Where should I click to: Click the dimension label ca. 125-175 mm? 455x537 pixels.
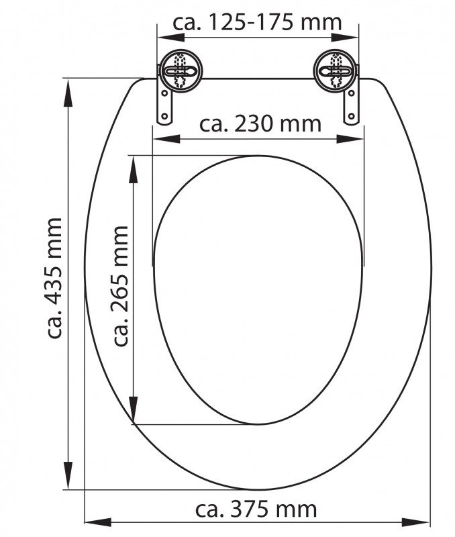(257, 23)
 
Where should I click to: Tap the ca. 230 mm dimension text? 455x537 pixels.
(260, 124)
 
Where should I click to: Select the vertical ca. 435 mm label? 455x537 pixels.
(54, 278)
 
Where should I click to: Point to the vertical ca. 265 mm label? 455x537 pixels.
(120, 286)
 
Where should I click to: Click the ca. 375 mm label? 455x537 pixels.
(256, 509)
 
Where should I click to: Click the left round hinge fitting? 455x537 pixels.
(181, 71)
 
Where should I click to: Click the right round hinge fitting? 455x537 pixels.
(334, 71)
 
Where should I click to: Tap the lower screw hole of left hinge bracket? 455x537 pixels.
(164, 115)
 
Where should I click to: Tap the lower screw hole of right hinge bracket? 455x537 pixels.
(351, 115)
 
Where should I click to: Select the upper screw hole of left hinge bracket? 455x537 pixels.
(164, 93)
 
